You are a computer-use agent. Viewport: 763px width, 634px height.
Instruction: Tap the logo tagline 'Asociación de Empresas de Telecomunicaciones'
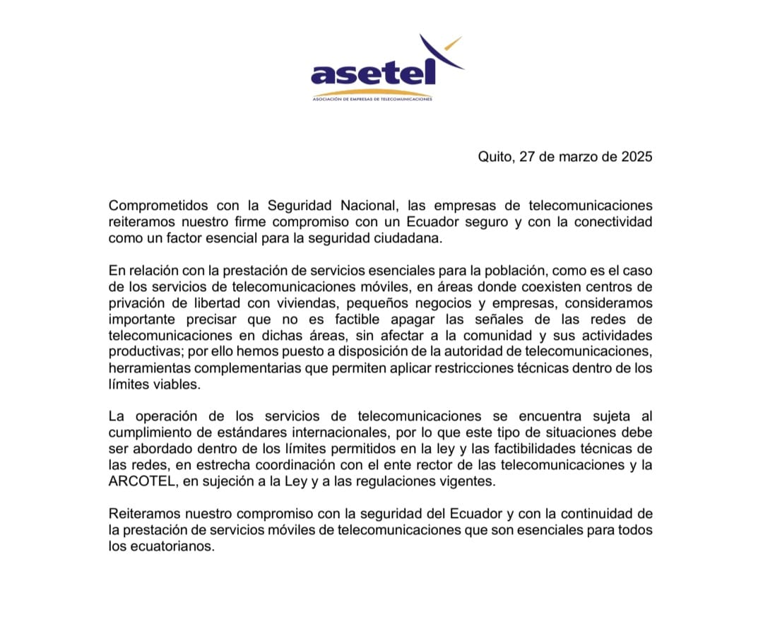[372, 99]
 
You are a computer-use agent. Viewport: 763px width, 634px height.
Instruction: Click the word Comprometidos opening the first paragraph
[158, 206]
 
